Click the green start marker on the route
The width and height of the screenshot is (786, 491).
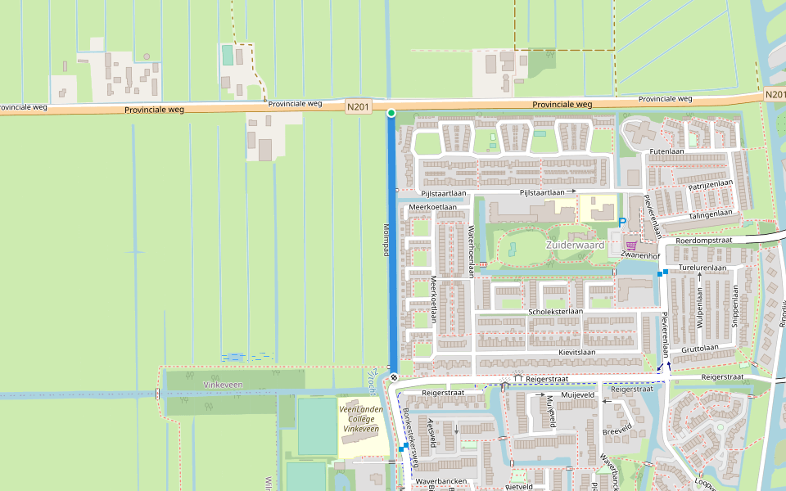pyautogui.click(x=391, y=113)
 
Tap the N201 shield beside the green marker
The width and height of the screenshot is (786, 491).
pyautogui.click(x=358, y=106)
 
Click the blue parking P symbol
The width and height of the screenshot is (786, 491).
pyautogui.click(x=622, y=222)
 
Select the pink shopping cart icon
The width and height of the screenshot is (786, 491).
pyautogui.click(x=631, y=244)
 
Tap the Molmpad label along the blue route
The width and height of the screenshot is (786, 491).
pyautogui.click(x=386, y=241)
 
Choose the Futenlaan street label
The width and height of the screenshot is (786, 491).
pyautogui.click(x=666, y=151)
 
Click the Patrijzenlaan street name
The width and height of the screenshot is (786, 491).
pyautogui.click(x=710, y=185)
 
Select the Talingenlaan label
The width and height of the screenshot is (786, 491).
pyautogui.click(x=710, y=213)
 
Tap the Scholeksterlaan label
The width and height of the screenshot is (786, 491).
pyautogui.click(x=555, y=312)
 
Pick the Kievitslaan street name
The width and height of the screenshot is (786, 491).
pyautogui.click(x=577, y=352)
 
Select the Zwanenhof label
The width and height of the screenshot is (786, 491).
pyautogui.click(x=640, y=255)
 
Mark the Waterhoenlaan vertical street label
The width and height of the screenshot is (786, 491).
pyautogui.click(x=471, y=251)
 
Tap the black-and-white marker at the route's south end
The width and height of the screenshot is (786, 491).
pyautogui.click(x=394, y=377)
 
